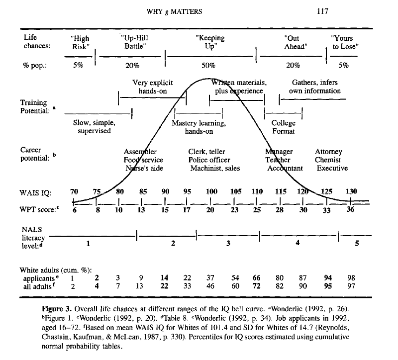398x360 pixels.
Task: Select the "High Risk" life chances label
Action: click(80, 42)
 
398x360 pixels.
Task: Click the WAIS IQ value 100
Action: click(211, 192)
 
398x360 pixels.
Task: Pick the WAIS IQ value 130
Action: click(350, 192)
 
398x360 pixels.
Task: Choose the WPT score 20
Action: click(211, 210)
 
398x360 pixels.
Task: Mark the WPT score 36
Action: click(350, 210)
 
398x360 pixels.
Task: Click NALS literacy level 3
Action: click(228, 244)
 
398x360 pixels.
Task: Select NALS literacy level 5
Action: click(356, 244)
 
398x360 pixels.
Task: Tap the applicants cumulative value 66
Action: click(257, 277)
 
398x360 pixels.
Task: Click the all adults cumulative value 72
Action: click(257, 286)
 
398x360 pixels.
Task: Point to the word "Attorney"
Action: click(328, 152)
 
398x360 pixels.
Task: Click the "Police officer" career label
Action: click(209, 160)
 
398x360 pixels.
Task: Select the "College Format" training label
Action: click(284, 127)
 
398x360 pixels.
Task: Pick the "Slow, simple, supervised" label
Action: click(95, 127)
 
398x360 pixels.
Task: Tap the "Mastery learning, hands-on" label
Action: click(199, 127)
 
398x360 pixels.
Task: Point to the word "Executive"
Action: click(332, 168)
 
